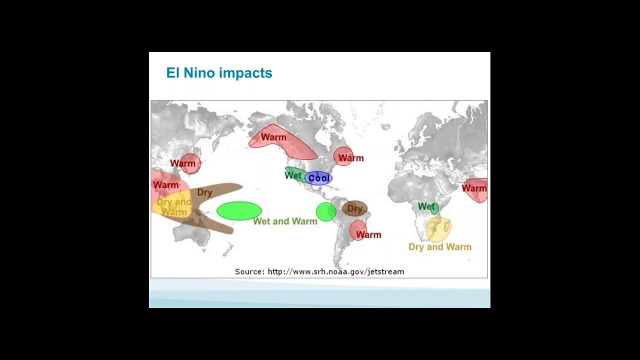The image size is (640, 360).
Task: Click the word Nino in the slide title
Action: pyautogui.click(x=200, y=73)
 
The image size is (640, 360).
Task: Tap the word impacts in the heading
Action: pyautogui.click(x=245, y=73)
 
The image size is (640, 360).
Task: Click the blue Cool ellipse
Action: pyautogui.click(x=318, y=178)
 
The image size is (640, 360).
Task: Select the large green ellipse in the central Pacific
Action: pyautogui.click(x=239, y=210)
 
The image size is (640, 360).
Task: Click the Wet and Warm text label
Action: pyautogui.click(x=285, y=221)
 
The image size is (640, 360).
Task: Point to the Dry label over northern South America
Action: pyautogui.click(x=354, y=208)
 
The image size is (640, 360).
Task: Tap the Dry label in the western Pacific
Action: pyautogui.click(x=204, y=192)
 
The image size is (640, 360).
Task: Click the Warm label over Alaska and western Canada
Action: pyautogui.click(x=273, y=137)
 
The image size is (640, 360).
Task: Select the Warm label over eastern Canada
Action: pyautogui.click(x=350, y=158)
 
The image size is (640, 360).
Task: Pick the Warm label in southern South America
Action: pyautogui.click(x=368, y=234)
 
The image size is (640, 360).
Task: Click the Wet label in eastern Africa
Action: pyautogui.click(x=426, y=206)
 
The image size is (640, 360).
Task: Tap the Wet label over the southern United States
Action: pyautogui.click(x=293, y=175)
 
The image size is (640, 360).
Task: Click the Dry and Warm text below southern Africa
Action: pyautogui.click(x=439, y=246)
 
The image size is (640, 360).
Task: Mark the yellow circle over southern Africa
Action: pyautogui.click(x=438, y=229)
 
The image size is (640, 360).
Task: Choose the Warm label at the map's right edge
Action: pyautogui.click(x=474, y=188)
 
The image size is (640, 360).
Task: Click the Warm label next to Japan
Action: pyautogui.click(x=182, y=163)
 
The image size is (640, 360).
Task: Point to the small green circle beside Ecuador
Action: pyautogui.click(x=326, y=211)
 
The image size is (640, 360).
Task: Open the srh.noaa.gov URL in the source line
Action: pyautogui.click(x=335, y=271)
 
